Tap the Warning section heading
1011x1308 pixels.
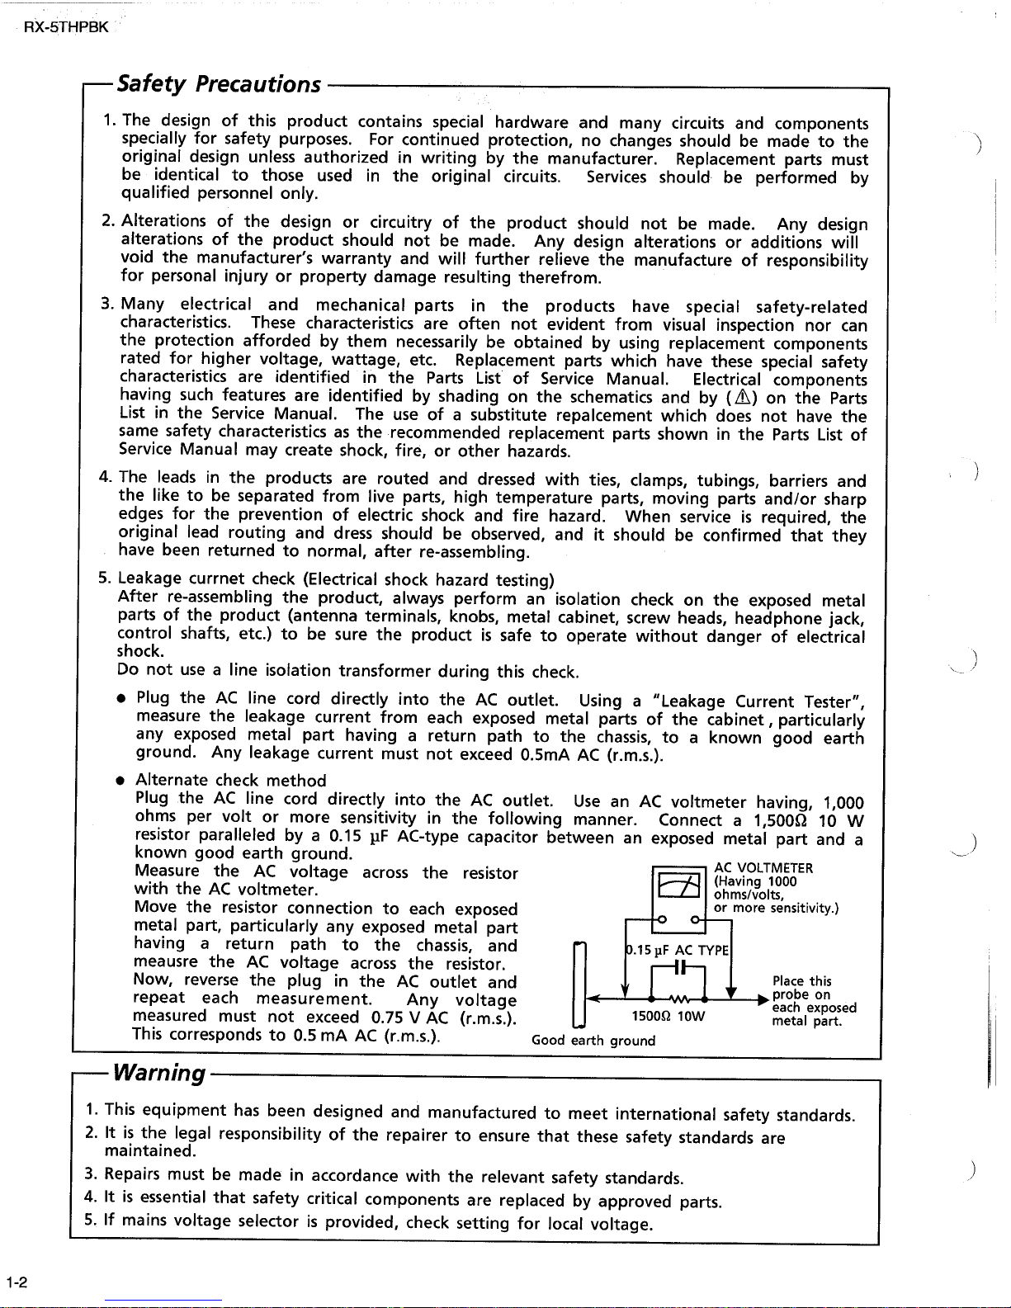coord(159,1073)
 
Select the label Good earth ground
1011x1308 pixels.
coord(593,1041)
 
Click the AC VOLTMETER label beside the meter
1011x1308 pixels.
coord(763,867)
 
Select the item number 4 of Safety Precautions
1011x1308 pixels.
coord(105,478)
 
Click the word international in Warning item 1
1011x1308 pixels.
coord(666,1114)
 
